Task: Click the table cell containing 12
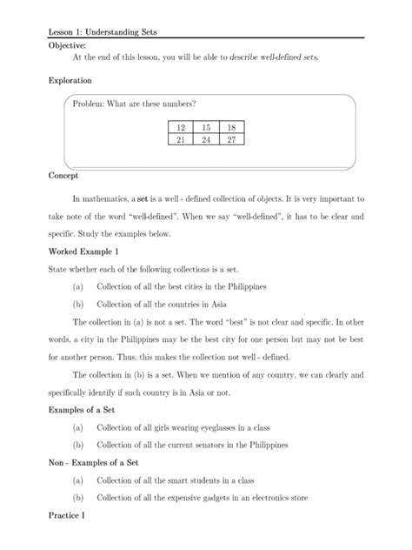181,127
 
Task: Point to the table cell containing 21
181,138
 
